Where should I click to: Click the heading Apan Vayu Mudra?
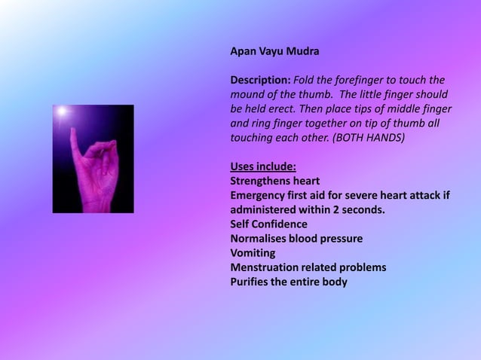pyautogui.click(x=274, y=53)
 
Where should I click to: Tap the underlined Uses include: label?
pyautogui.click(x=262, y=166)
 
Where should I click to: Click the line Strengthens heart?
pyautogui.click(x=274, y=181)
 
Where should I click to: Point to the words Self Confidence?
pyautogui.click(x=268, y=224)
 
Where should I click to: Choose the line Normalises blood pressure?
pyautogui.click(x=296, y=238)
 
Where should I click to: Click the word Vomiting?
pyautogui.click(x=253, y=252)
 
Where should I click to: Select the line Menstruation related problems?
pyautogui.click(x=308, y=267)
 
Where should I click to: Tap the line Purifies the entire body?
pyautogui.click(x=289, y=282)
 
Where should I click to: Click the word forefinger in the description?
pyautogui.click(x=367, y=81)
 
